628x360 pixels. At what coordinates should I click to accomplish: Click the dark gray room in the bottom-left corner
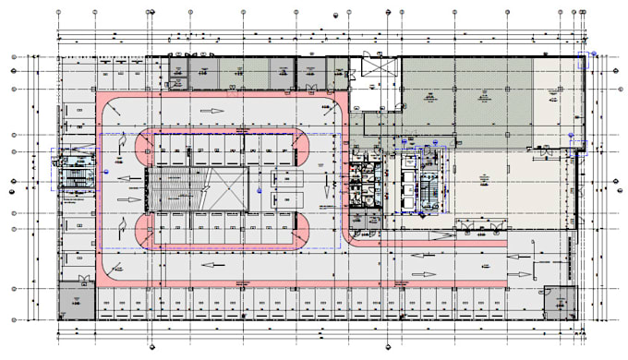(77, 301)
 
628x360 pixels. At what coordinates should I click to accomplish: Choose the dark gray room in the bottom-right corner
(560, 301)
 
